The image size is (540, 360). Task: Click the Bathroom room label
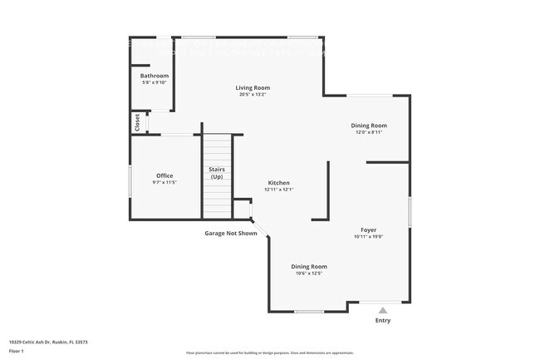[x=154, y=76]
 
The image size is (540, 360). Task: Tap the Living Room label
[x=253, y=87]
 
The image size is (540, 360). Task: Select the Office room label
[x=164, y=175]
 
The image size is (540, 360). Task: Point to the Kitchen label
[x=278, y=183]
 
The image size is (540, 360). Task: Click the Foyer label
[x=368, y=229]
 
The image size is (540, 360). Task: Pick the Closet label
[x=137, y=122]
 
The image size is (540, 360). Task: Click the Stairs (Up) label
[x=217, y=173]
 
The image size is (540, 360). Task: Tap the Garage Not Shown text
[x=231, y=233]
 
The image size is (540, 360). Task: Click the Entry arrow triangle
[x=383, y=309]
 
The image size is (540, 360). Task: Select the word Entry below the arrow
[x=383, y=320]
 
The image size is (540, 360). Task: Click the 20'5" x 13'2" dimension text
[x=253, y=94]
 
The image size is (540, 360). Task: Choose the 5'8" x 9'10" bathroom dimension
[x=154, y=82]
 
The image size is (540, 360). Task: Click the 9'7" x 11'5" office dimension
[x=164, y=182]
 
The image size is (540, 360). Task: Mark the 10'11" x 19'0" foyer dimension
[x=368, y=236]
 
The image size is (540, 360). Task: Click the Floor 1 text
[x=17, y=352]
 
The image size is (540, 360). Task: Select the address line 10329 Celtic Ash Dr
[x=48, y=342]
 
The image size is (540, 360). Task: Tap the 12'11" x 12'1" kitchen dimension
[x=278, y=190]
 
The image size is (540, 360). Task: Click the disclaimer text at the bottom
[x=269, y=353]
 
